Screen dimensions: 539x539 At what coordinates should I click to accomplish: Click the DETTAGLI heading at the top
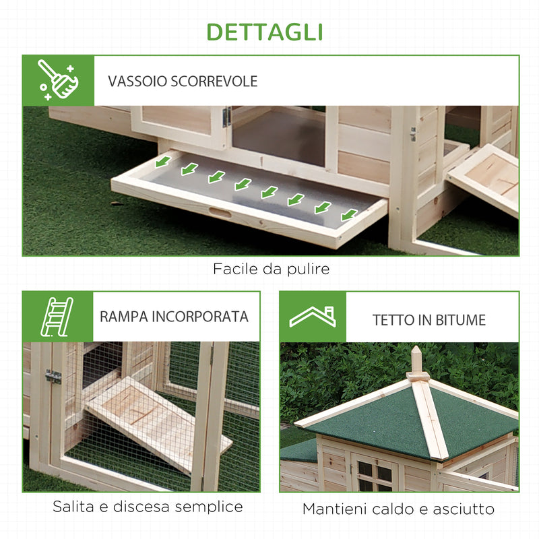(x=264, y=32)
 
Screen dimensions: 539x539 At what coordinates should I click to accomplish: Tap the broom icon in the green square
(x=58, y=80)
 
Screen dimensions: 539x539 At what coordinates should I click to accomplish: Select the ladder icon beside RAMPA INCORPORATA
(x=57, y=316)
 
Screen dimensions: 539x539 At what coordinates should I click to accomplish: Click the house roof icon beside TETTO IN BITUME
(x=312, y=317)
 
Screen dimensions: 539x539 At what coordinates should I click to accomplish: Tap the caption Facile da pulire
(x=271, y=269)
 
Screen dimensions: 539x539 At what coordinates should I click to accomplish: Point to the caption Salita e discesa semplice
(x=148, y=506)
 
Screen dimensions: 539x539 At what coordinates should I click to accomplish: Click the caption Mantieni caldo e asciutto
(x=398, y=509)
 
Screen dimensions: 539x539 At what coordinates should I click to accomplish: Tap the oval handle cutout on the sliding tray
(x=220, y=213)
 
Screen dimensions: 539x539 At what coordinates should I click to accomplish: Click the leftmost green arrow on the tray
(x=162, y=163)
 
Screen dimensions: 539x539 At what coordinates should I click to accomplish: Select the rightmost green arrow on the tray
(x=349, y=214)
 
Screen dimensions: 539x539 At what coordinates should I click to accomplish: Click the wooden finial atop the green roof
(x=418, y=361)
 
